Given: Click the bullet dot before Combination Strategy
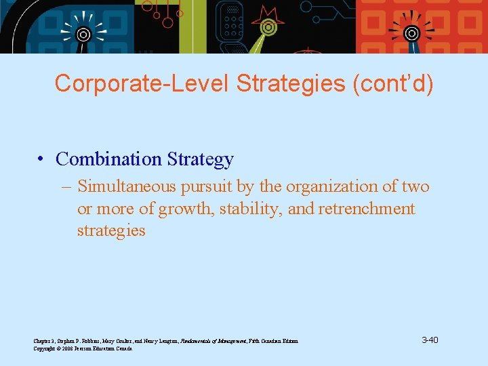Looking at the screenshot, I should (41, 159).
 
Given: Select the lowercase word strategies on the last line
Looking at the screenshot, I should (111, 230).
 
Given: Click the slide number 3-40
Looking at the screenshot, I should (430, 340).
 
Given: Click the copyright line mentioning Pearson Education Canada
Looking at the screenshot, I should (83, 348).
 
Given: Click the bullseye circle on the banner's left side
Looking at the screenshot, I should (83, 33).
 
